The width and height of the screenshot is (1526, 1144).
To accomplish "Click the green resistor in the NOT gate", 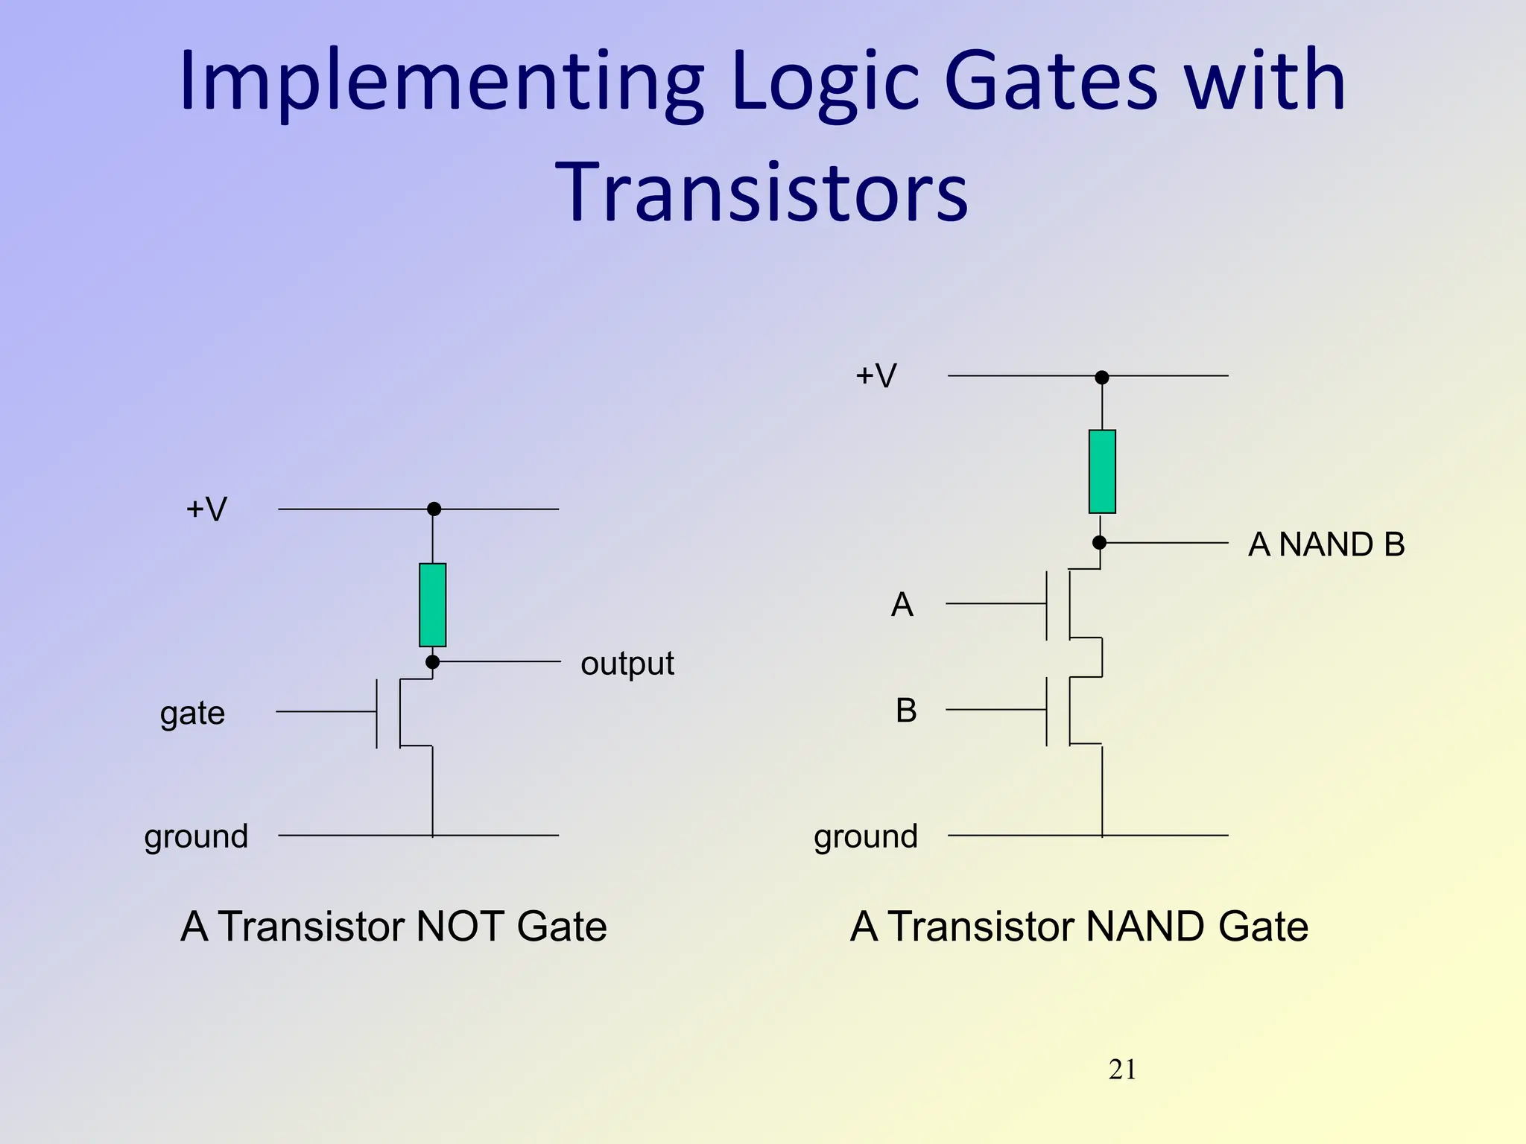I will [x=432, y=605].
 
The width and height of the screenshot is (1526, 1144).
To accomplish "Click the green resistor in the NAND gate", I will [x=1102, y=471].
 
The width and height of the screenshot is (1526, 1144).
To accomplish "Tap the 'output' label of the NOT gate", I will [x=627, y=664].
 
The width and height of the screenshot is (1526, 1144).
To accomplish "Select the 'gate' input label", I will [x=192, y=714].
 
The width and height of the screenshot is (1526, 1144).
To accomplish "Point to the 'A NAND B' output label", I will [x=1326, y=544].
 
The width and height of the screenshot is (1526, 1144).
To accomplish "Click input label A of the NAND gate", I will [x=902, y=604].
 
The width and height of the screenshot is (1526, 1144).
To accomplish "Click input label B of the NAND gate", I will [x=906, y=711].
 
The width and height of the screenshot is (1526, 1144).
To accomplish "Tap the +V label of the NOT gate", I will [x=206, y=509].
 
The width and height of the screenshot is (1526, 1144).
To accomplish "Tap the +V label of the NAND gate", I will [x=876, y=375].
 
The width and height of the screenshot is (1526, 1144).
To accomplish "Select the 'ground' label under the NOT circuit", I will [x=196, y=837].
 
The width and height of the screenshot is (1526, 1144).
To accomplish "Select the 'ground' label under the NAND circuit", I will [x=866, y=837].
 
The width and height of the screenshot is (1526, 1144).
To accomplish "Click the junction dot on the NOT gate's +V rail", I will [x=434, y=509].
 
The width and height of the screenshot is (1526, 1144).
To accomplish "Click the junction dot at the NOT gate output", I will [x=432, y=662].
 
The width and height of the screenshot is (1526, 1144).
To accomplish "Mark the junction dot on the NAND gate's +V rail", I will [x=1102, y=378].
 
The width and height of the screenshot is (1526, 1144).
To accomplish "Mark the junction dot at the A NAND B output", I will [x=1099, y=543].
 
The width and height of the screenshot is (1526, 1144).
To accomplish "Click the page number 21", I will [x=1122, y=1070].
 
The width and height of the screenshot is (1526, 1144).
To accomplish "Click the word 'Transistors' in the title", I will [x=762, y=192].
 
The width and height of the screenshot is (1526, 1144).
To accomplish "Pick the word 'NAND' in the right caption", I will [x=1145, y=927].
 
